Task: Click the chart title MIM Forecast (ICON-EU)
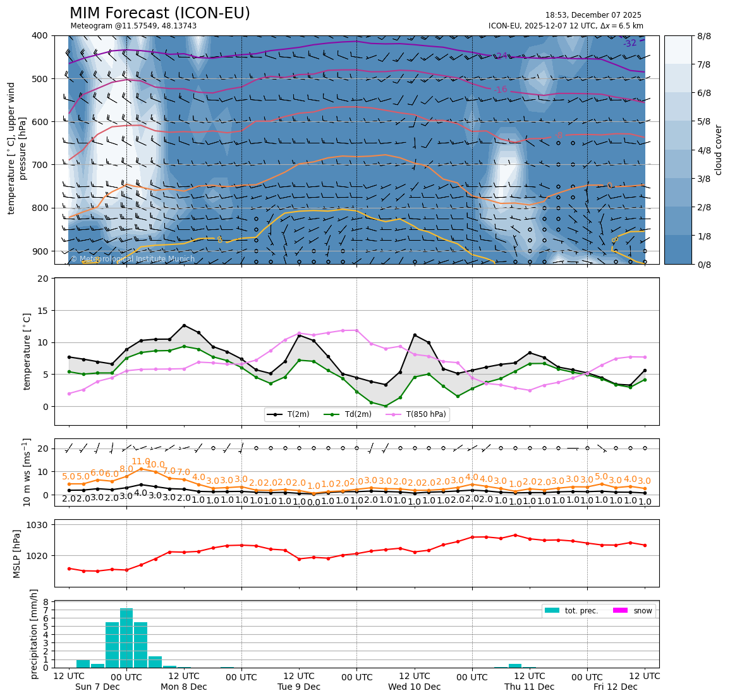coord(159,13)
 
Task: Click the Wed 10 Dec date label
coord(415,687)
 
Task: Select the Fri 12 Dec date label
coord(615,687)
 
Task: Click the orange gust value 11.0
coord(140,462)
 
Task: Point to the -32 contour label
coord(630,44)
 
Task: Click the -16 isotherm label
coord(500,90)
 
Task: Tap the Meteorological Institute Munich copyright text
coord(132,259)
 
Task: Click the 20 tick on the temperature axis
coord(44,279)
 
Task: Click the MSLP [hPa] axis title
coord(18,554)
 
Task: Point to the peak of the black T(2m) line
coord(184,325)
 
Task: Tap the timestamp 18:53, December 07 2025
coord(593,15)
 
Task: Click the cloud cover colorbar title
coord(718,150)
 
